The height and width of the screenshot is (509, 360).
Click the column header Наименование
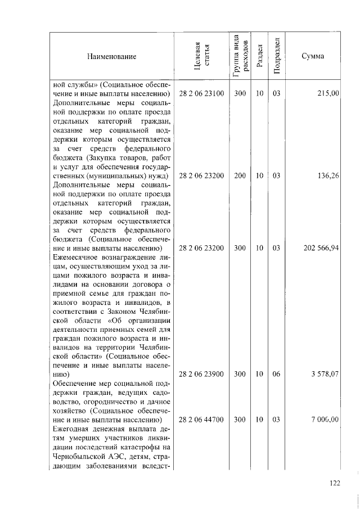[111, 57]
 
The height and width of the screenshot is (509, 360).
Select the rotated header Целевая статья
[201, 56]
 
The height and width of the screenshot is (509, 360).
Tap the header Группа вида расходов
[240, 55]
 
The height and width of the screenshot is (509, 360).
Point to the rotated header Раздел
[259, 57]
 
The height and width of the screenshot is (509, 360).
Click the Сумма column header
[312, 57]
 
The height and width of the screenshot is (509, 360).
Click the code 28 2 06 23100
[201, 93]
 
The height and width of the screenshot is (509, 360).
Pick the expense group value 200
[240, 176]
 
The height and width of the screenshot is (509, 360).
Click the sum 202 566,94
[321, 248]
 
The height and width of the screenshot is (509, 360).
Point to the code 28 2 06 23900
[201, 373]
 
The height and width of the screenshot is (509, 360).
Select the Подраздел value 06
[276, 373]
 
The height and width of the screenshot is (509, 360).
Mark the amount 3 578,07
[323, 373]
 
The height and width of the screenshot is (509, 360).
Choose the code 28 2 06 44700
[201, 420]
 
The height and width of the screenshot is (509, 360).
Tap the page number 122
[335, 482]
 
